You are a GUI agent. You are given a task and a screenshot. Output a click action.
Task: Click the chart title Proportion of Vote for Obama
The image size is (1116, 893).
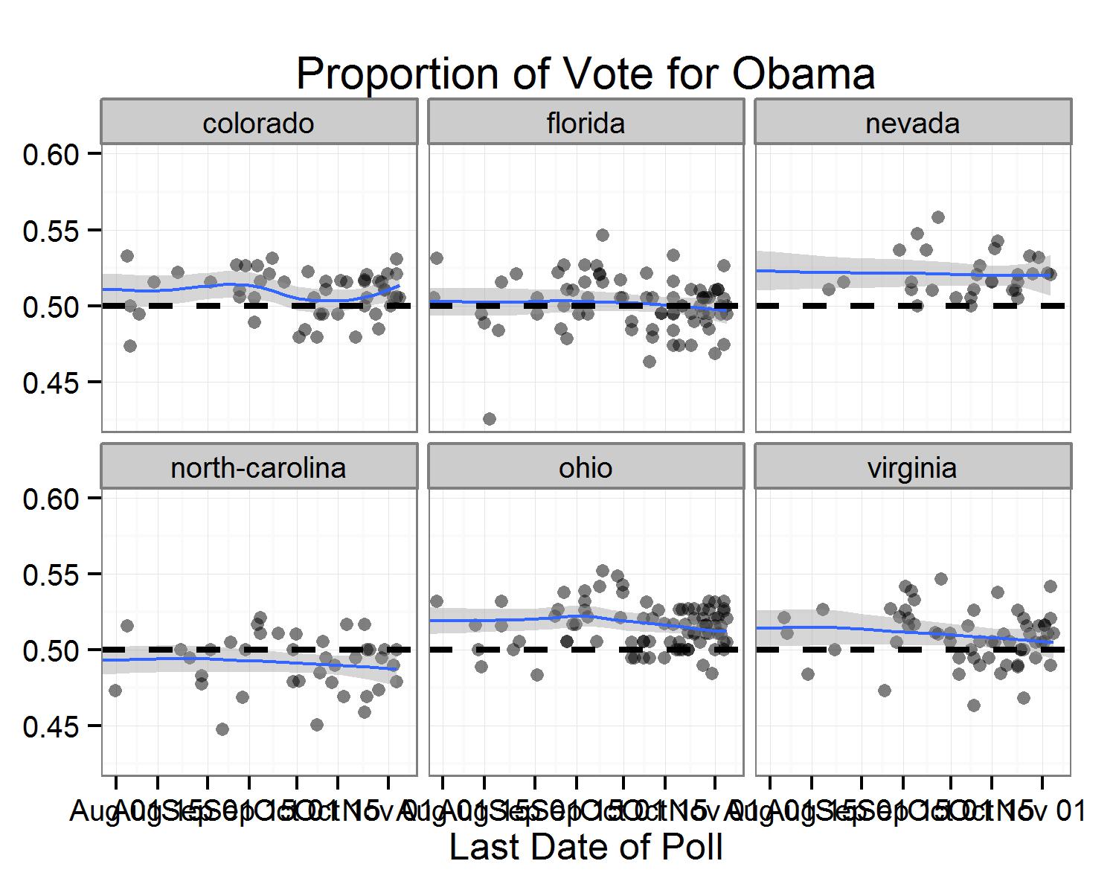pos(586,74)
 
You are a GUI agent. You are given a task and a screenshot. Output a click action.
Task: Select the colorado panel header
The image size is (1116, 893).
pos(258,123)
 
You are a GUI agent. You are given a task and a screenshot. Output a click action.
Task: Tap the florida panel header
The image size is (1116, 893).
pos(586,123)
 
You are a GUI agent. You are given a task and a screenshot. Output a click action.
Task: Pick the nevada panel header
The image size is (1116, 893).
pos(912,123)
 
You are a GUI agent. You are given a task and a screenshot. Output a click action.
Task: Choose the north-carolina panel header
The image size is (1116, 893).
pos(258,467)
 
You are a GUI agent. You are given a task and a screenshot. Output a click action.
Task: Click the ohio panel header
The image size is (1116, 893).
pos(586,467)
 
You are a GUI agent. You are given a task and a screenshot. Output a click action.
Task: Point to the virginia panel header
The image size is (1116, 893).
pos(912,467)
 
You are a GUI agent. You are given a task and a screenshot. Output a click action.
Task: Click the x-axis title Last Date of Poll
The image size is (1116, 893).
pos(586,847)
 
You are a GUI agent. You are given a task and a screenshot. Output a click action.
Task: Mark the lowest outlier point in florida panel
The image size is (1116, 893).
pos(490,419)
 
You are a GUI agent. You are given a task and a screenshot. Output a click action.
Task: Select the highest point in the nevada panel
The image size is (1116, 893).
pos(938,217)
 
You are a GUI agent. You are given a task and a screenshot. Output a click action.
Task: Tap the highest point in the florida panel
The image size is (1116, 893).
pos(603,235)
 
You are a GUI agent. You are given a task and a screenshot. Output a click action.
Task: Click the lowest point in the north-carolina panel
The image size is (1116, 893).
pos(222,729)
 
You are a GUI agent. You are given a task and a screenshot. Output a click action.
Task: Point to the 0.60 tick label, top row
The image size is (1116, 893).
pos(51,154)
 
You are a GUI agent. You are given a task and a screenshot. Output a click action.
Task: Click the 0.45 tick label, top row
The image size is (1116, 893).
pos(51,383)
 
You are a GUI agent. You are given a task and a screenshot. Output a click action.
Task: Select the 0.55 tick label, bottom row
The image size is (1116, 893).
pos(51,574)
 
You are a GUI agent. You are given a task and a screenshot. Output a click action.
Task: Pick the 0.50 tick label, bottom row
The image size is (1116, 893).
pos(51,650)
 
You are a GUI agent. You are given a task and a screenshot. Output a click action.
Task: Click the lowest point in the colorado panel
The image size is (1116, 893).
pos(130,346)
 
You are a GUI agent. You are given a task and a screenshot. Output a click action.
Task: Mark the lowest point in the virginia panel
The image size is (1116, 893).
pos(974,705)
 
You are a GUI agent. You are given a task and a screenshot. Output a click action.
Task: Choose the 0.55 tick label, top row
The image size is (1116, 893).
pos(51,231)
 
